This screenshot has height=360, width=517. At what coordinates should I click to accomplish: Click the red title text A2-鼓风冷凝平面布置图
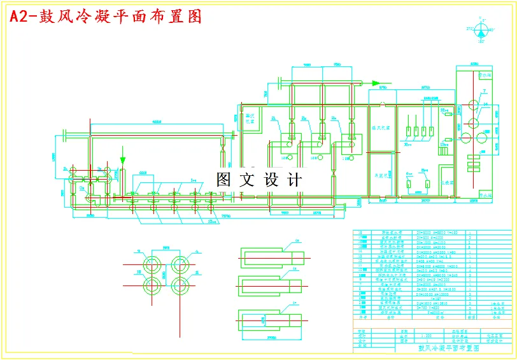[x=106, y=17]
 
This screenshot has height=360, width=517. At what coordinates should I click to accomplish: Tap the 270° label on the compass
[x=469, y=29]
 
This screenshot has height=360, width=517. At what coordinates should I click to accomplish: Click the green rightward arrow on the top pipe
[x=376, y=83]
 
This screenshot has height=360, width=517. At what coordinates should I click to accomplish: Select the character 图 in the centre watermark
[x=224, y=180]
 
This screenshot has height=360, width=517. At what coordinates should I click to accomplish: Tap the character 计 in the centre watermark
[x=295, y=180]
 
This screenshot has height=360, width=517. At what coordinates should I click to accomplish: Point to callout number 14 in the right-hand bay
[x=486, y=104]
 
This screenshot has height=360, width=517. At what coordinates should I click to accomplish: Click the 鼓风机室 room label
[x=381, y=127]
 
